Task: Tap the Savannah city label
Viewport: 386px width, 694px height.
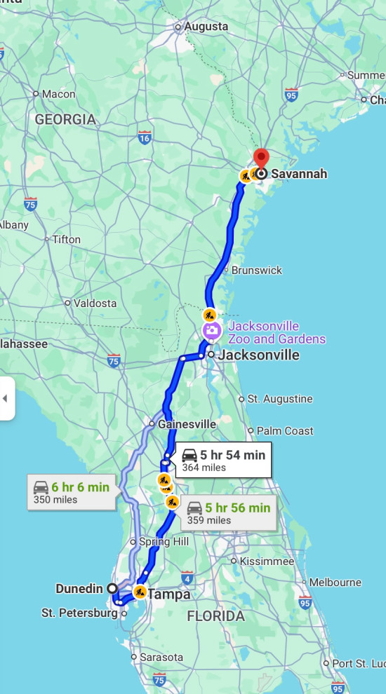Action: point(298,174)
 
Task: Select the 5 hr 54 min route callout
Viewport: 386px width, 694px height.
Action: point(222,460)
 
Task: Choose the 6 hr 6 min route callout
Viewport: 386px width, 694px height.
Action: point(72,491)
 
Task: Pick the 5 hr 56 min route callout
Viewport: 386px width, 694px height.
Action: point(228,513)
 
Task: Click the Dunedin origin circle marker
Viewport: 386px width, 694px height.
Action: point(112,588)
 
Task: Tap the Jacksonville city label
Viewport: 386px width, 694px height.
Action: point(258,355)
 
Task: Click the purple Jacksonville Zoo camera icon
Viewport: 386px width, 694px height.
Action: point(210,331)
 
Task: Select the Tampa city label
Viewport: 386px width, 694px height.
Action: point(168,594)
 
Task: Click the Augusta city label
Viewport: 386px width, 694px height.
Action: point(206,27)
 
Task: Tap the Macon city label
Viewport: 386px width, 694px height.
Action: point(58,94)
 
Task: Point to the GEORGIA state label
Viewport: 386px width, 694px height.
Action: point(65,120)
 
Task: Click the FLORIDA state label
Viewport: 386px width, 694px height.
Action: point(215,617)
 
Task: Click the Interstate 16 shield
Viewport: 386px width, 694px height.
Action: point(145,137)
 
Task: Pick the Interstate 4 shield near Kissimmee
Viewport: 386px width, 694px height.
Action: point(187,578)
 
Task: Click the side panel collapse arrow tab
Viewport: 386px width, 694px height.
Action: point(6,398)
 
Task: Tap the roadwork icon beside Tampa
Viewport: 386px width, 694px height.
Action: point(140,592)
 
